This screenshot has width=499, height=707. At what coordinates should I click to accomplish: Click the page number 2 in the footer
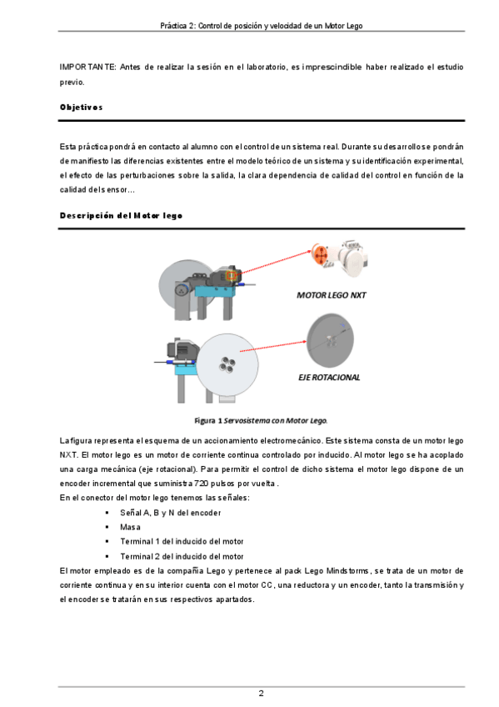tap(262, 693)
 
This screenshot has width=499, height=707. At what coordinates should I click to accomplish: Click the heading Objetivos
tap(81, 108)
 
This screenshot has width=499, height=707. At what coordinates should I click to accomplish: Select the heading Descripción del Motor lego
tap(121, 216)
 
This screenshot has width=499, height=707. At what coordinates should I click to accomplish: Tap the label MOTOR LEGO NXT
tap(331, 295)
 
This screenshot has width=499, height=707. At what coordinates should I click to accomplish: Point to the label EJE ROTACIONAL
tap(329, 378)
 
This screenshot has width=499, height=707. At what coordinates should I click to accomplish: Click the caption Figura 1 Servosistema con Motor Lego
tap(261, 421)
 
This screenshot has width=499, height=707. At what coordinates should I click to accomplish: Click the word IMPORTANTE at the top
tap(87, 68)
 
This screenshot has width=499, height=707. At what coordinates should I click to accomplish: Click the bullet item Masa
tap(130, 527)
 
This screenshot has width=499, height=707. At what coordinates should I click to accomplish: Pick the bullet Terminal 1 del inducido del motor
tap(182, 542)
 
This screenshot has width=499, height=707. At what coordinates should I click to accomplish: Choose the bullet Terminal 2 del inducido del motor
tap(182, 556)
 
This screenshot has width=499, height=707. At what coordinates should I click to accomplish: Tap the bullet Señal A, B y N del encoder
tap(170, 513)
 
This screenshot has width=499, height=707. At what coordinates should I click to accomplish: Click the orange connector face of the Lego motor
tap(320, 256)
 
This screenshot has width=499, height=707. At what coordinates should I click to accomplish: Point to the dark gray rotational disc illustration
tap(330, 340)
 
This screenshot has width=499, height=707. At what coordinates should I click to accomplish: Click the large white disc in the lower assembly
tap(227, 364)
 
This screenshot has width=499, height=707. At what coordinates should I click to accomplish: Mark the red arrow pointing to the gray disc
tap(273, 346)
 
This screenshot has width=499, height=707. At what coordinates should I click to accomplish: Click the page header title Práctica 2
tap(262, 26)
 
